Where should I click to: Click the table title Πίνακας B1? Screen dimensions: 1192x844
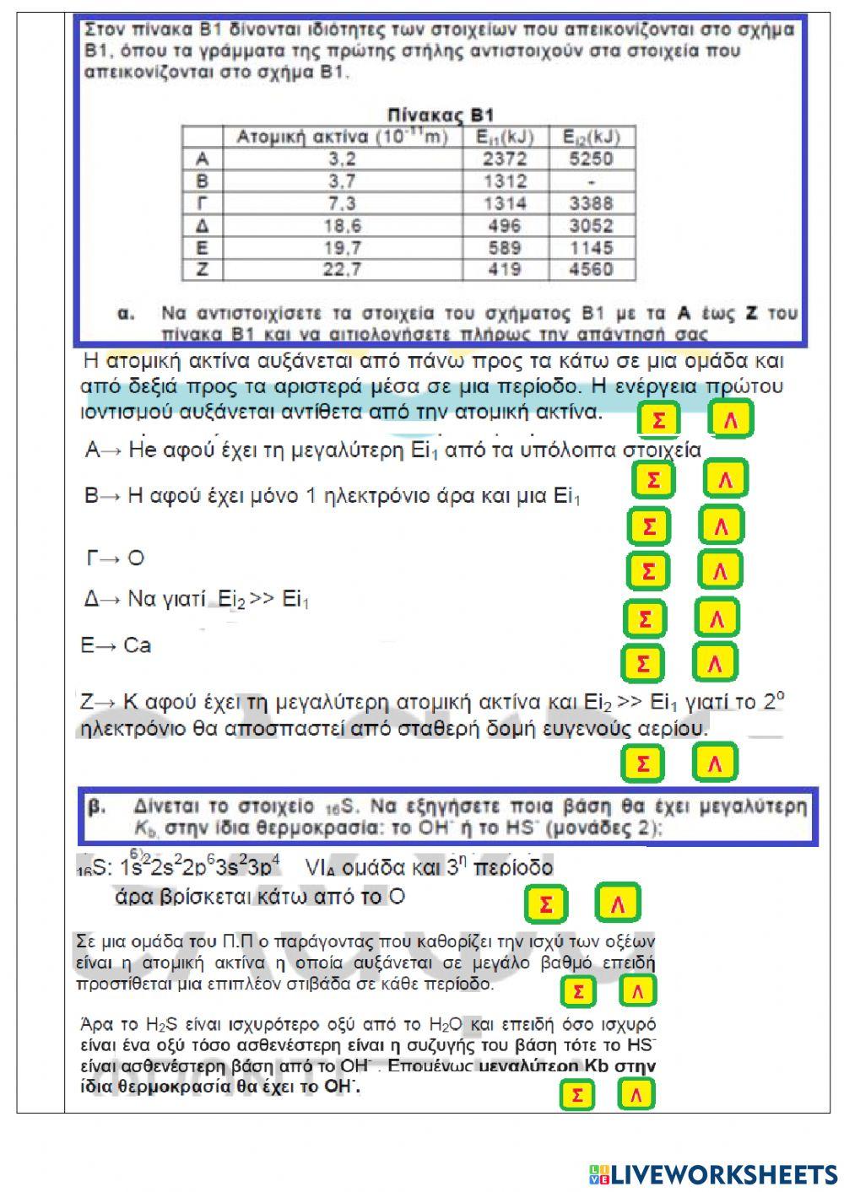(440, 115)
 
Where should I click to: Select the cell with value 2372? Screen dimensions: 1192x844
(505, 159)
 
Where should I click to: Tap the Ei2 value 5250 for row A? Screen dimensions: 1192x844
(591, 159)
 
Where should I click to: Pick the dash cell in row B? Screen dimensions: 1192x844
(591, 181)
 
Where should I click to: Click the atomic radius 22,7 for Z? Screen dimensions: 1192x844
(342, 270)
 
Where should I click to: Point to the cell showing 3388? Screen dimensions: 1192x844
(591, 203)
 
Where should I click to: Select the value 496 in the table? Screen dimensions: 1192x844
(505, 225)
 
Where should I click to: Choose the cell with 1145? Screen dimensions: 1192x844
(591, 248)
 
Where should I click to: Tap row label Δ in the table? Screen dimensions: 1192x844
(202, 225)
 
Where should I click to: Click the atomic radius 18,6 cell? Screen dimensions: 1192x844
(342, 225)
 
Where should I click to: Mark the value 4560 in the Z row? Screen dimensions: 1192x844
(591, 270)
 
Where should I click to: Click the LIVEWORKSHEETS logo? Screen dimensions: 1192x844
(713, 1173)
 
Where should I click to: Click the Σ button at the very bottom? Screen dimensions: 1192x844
(576, 1095)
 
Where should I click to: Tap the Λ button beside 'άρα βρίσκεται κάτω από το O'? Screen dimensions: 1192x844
(618, 904)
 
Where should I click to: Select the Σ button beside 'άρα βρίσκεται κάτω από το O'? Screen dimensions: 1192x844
(546, 904)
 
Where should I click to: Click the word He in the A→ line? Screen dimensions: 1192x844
(143, 450)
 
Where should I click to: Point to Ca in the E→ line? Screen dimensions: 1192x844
(137, 645)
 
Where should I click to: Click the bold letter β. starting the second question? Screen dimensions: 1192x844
(97, 806)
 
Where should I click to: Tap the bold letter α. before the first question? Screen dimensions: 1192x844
(126, 314)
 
